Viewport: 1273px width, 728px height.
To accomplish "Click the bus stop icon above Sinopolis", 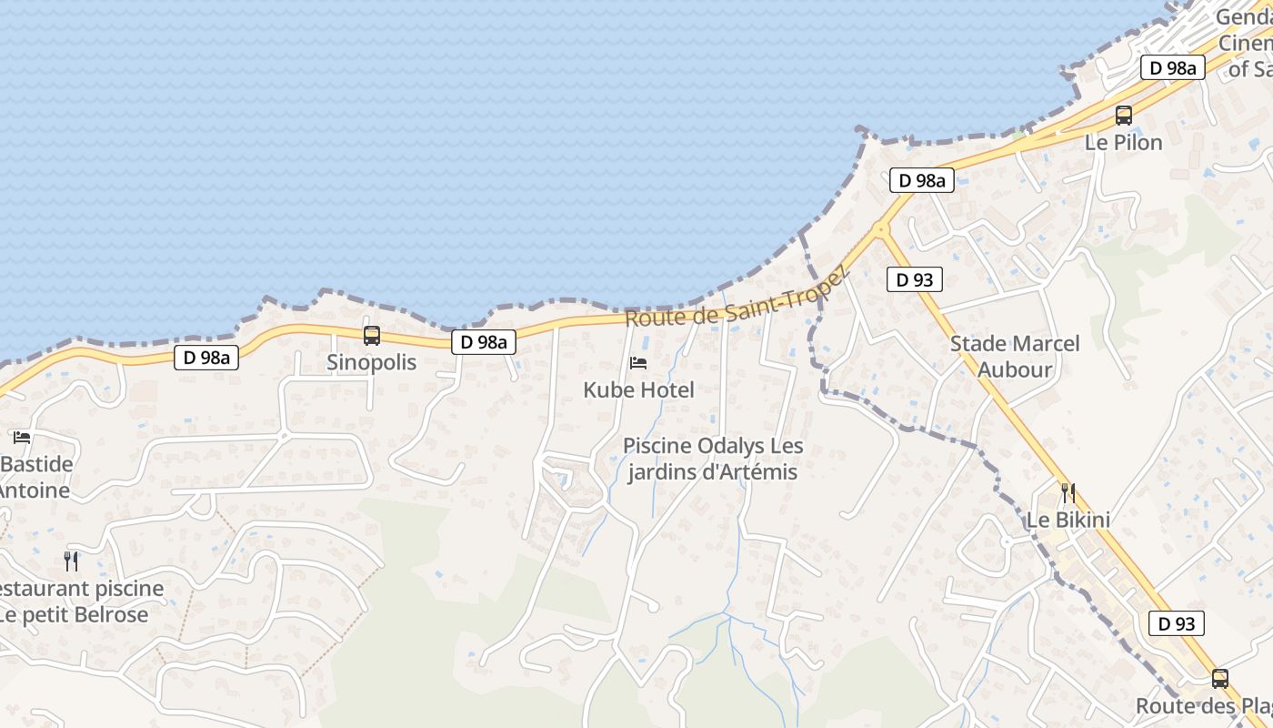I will [x=371, y=336].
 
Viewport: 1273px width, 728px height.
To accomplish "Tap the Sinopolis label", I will [x=371, y=362].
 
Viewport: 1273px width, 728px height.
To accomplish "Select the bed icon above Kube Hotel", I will [x=638, y=363].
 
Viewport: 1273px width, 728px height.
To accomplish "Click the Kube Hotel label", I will [x=638, y=390].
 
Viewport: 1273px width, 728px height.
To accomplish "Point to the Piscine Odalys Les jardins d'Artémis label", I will [x=713, y=459].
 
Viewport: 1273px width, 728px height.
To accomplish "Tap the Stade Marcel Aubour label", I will [x=1015, y=356].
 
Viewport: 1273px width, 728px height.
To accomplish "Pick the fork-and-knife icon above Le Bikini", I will [x=1068, y=493].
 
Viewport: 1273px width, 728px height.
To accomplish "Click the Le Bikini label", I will [x=1068, y=521].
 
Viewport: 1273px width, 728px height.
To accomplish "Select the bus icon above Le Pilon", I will [x=1124, y=116].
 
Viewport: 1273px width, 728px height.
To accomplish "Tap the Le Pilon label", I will [x=1124, y=143].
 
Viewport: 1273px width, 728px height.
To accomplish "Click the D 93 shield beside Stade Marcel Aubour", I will [x=915, y=279].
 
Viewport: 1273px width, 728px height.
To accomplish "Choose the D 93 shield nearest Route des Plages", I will [x=1177, y=623].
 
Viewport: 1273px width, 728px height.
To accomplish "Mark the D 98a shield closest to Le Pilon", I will [x=1173, y=67].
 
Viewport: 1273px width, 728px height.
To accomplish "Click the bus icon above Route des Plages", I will [x=1220, y=679].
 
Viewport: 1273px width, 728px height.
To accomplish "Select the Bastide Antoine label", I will [x=36, y=477].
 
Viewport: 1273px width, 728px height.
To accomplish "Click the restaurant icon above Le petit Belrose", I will [x=71, y=561].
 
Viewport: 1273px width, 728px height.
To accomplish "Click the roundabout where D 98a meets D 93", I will [x=879, y=228].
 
